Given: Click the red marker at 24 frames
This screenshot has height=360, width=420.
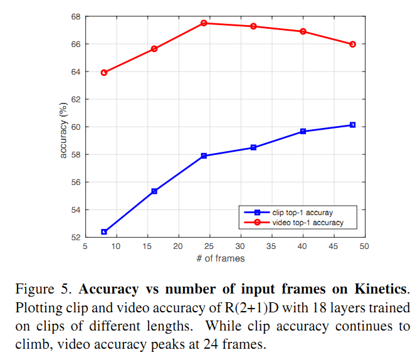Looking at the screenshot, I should click(204, 23).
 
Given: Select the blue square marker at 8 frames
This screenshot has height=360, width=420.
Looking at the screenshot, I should click(104, 232).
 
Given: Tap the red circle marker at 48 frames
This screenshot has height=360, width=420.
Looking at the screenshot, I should click(352, 44).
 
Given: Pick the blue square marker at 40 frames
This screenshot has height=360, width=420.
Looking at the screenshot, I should click(303, 131).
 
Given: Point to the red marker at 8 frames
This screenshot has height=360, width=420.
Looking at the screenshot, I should click(104, 72).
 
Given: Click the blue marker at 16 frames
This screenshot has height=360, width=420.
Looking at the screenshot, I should click(154, 191).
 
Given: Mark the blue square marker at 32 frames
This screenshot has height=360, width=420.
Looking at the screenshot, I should click(253, 147).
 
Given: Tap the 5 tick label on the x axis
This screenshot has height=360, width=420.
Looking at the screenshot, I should click(86, 246).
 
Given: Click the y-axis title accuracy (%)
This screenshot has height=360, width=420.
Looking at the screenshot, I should click(63, 127).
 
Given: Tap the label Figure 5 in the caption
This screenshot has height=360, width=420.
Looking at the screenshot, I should click(41, 290).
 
